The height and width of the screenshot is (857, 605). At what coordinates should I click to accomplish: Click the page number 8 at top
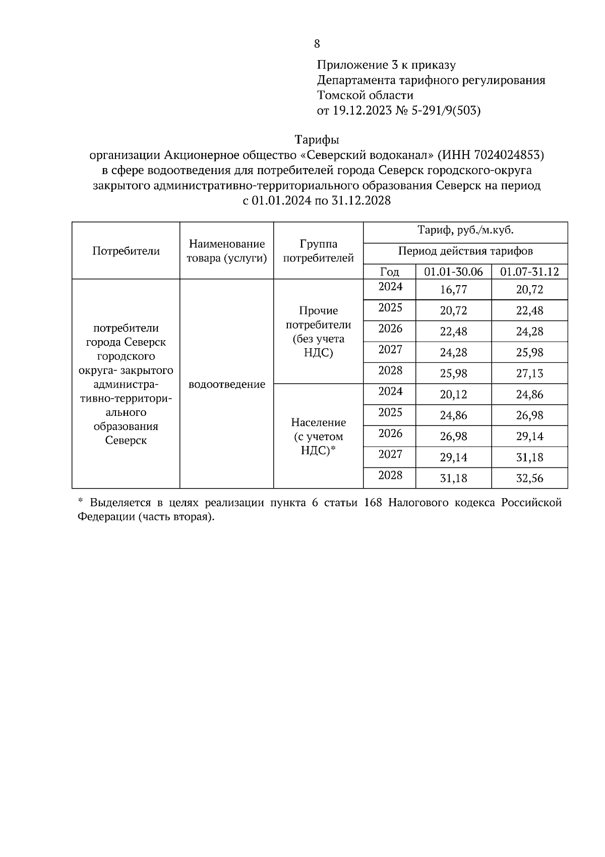(x=317, y=44)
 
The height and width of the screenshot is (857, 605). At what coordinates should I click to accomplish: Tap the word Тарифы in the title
(x=317, y=139)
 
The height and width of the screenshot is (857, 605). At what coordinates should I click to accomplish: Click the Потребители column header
(x=126, y=251)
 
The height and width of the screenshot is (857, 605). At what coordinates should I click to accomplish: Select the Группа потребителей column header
(x=318, y=251)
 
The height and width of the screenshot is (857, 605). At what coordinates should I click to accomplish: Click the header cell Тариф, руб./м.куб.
(x=465, y=231)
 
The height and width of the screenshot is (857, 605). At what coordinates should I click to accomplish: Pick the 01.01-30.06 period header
(x=453, y=272)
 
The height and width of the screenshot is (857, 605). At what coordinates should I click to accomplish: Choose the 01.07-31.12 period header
(x=529, y=272)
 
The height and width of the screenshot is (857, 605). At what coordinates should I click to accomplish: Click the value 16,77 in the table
(x=453, y=290)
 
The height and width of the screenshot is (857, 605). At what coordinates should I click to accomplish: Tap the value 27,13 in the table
(x=529, y=373)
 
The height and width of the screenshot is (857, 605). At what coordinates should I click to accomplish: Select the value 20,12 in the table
(x=453, y=395)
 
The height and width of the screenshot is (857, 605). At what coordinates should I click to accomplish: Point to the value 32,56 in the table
(x=529, y=478)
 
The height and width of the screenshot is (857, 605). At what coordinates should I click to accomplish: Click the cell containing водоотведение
(x=226, y=385)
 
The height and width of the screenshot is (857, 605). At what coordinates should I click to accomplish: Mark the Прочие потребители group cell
(x=318, y=332)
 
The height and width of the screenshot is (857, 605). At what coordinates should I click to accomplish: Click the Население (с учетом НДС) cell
(x=318, y=436)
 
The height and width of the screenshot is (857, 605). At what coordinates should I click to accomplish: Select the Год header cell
(x=389, y=272)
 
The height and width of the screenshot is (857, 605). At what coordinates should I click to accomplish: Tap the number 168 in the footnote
(x=373, y=503)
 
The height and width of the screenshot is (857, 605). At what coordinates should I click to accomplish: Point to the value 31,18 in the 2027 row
(x=529, y=457)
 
